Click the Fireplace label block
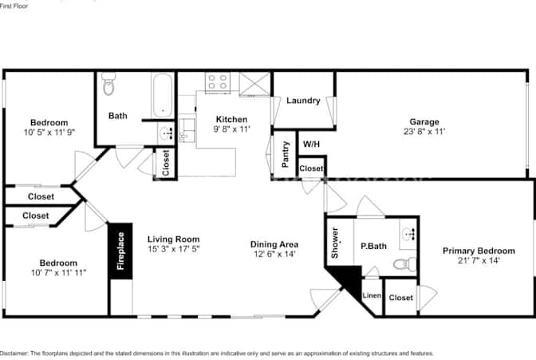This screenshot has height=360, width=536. pyautogui.click(x=120, y=251)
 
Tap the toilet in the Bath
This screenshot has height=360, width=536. pyautogui.click(x=108, y=84)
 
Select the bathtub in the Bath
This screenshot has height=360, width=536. pyautogui.click(x=163, y=96)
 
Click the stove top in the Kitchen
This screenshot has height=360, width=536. pyautogui.click(x=218, y=82)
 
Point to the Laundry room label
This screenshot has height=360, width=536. pyautogui.click(x=303, y=101)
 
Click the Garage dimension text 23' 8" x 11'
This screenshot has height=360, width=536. pyautogui.click(x=424, y=132)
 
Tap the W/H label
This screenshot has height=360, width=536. pyautogui.click(x=311, y=144)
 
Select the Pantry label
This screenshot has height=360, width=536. pyautogui.click(x=286, y=154)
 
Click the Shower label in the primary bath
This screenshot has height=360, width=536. pyautogui.click(x=335, y=243)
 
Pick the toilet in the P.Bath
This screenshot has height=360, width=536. pyautogui.click(x=404, y=264)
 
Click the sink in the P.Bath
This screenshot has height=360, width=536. pyautogui.click(x=408, y=235)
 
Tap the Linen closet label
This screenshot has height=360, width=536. pyautogui.click(x=372, y=295)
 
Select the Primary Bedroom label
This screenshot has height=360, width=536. pyautogui.click(x=479, y=251)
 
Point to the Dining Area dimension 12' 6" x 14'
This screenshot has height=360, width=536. pyautogui.click(x=274, y=254)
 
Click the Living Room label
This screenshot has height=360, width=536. pyautogui.click(x=173, y=239)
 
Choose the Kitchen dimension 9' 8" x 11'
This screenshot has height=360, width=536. pyautogui.click(x=232, y=129)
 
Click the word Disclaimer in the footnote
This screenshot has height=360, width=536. pyautogui.click(x=14, y=353)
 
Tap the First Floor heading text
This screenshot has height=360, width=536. pyautogui.click(x=14, y=6)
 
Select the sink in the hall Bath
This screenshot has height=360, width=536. pyautogui.click(x=167, y=133)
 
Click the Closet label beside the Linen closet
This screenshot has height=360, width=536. pyautogui.click(x=400, y=298)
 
